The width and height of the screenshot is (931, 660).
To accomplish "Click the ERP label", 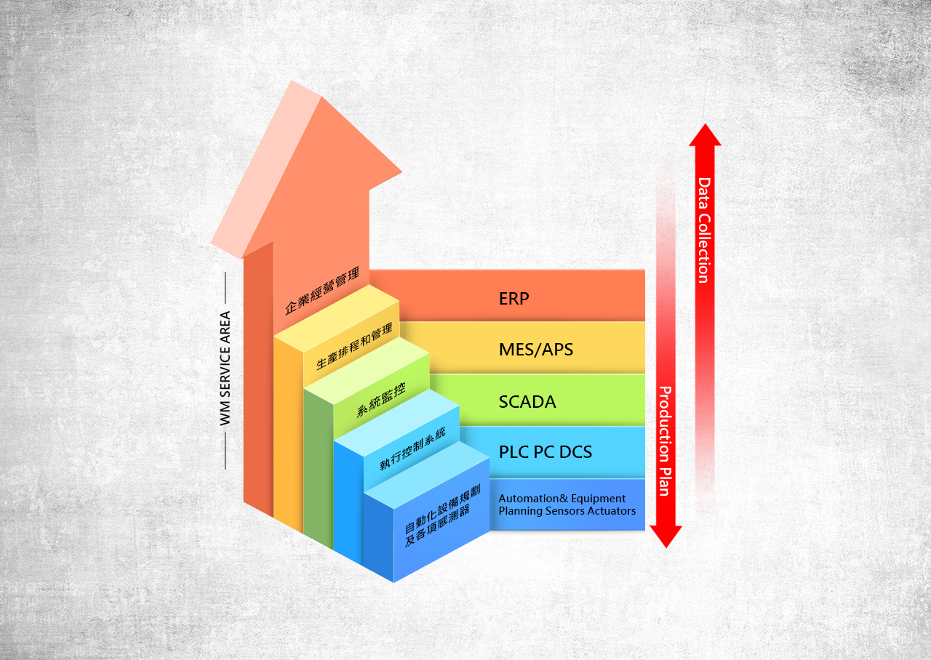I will pos(514,298).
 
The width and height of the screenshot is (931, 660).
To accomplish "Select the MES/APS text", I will pos(536,350).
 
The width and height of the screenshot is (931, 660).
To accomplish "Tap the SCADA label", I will pos(527,401).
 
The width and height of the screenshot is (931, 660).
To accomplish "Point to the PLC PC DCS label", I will pos(546,452).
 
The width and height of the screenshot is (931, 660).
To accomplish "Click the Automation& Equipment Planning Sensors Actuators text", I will pos(567,504).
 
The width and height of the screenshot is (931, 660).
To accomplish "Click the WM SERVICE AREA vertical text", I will pos(225,369).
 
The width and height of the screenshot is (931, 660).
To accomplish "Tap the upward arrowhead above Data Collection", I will pos(705,135).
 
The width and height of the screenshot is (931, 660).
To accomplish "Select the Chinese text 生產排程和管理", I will pos(354,347).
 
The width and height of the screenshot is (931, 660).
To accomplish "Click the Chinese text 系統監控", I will pos(381,399).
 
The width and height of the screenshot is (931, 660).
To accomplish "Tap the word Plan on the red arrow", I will pos(664,479).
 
